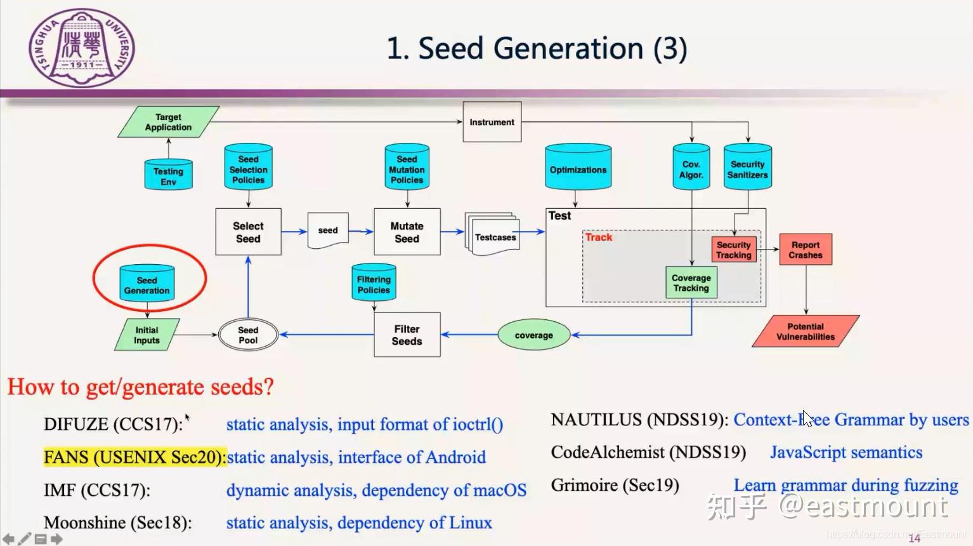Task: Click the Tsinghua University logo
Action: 82,48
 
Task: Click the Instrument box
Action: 492,122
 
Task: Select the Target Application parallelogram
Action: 168,123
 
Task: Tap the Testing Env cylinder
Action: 168,176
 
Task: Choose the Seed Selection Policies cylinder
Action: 248,169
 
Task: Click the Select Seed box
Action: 248,232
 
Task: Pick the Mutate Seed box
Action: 407,232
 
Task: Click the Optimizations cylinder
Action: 578,169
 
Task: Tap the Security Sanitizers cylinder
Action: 747,169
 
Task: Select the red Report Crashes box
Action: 805,250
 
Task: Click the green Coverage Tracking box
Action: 691,283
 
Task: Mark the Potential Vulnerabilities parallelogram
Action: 805,331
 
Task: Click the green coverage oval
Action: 533,335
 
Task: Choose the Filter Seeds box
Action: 407,335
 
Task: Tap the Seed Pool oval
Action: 248,335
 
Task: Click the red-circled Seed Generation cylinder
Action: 147,284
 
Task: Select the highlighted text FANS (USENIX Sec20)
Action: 134,457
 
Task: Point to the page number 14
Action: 914,538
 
